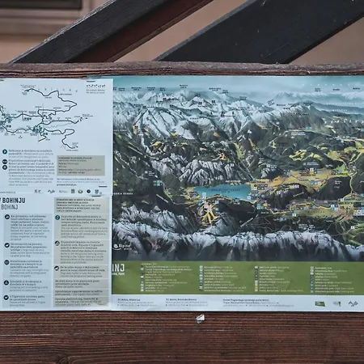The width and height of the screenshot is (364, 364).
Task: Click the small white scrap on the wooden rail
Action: click(200, 318)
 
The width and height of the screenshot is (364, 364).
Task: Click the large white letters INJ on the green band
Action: click(118, 268)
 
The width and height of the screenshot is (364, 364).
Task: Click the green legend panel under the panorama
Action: click(243, 277)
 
